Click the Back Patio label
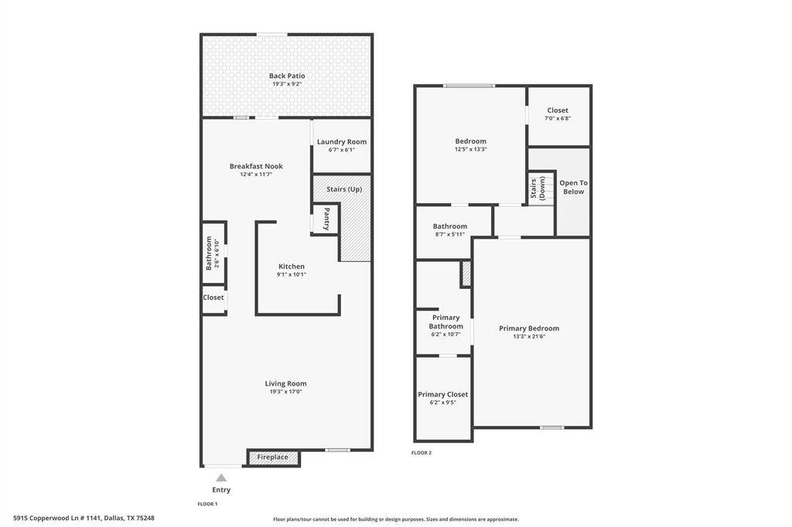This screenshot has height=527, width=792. pyautogui.click(x=287, y=76)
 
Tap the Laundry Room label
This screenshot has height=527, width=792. pyautogui.click(x=342, y=142)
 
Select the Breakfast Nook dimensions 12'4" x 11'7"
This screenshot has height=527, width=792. pyautogui.click(x=256, y=175)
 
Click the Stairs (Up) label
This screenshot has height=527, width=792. pyautogui.click(x=344, y=189)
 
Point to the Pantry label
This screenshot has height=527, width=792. pyautogui.click(x=326, y=218)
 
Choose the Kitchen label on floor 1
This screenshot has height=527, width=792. pyautogui.click(x=292, y=267)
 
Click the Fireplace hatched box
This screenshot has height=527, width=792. pyautogui.click(x=273, y=457)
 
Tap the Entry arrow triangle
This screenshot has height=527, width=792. pyautogui.click(x=221, y=478)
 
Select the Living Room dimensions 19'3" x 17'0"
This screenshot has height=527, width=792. pyautogui.click(x=286, y=392)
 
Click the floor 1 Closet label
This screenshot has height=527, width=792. pyautogui.click(x=213, y=297)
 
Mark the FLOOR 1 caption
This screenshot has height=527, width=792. pyautogui.click(x=207, y=504)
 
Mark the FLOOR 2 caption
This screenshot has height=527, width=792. pyautogui.click(x=422, y=453)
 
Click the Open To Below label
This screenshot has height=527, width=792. pyautogui.click(x=573, y=187)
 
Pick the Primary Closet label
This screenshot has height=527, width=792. pyautogui.click(x=443, y=394)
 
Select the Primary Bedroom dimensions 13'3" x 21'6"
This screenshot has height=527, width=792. pyautogui.click(x=529, y=337)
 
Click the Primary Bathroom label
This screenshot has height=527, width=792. pyautogui.click(x=445, y=321)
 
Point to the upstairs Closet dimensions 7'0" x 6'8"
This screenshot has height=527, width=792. pyautogui.click(x=558, y=119)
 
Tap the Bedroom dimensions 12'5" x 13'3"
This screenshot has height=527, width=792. pyautogui.click(x=470, y=150)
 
